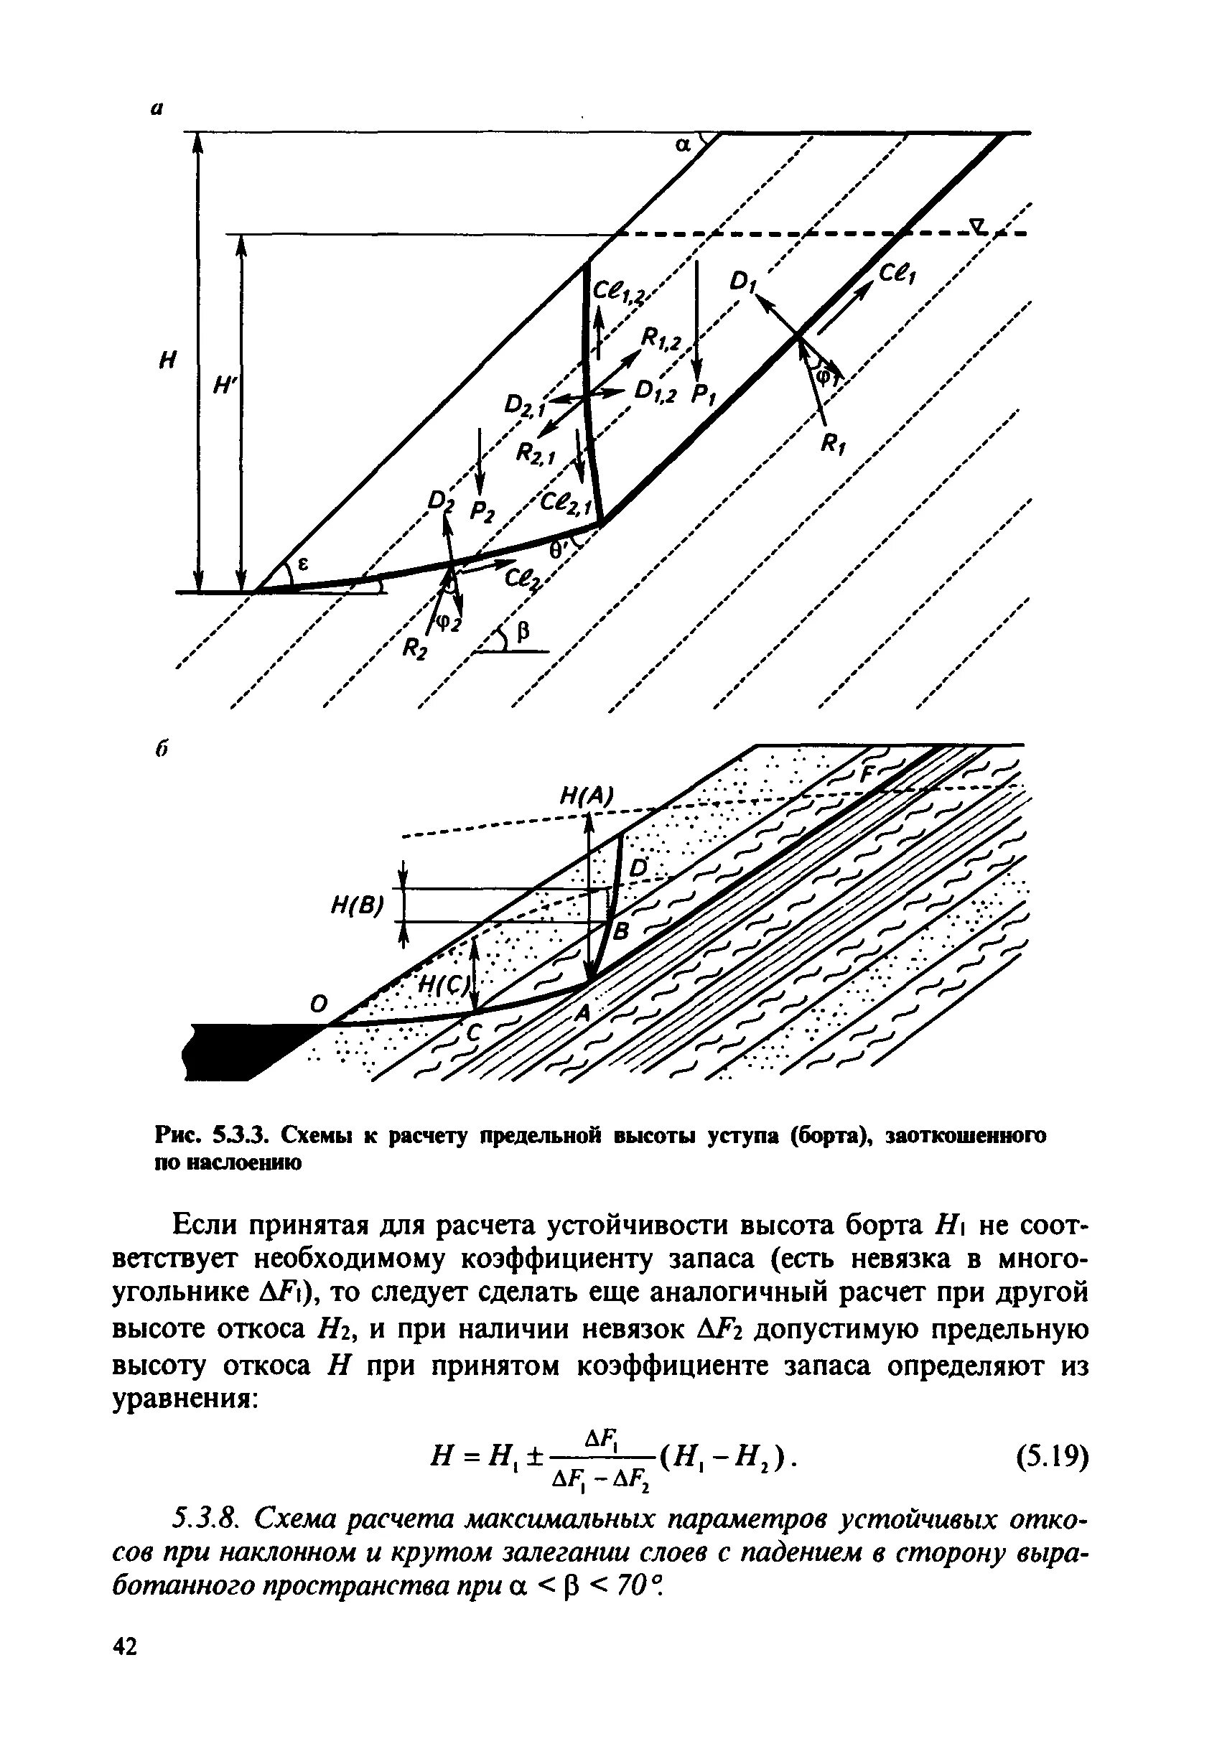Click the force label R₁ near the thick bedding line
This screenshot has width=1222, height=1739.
pyautogui.click(x=833, y=447)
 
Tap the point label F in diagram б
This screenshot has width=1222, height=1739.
pyautogui.click(x=868, y=775)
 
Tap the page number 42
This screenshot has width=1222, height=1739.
pyautogui.click(x=126, y=1665)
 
